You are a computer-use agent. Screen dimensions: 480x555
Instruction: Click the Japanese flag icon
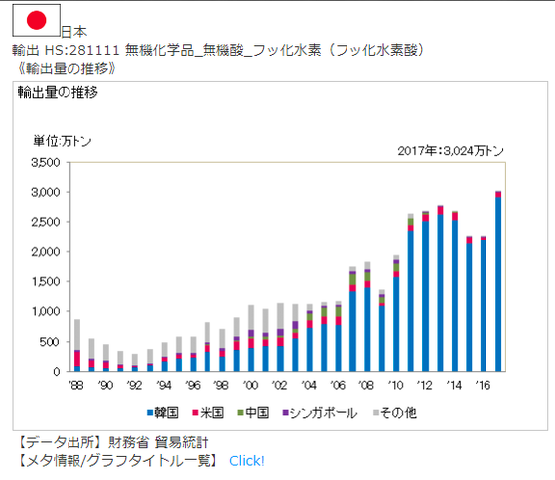(x=36, y=20)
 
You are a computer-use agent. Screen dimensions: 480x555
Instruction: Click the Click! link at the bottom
(x=246, y=460)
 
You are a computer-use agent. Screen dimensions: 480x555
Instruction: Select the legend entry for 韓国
(x=165, y=411)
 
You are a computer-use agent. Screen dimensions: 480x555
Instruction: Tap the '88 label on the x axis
(x=76, y=383)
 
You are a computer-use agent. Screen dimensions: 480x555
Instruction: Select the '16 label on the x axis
(x=483, y=383)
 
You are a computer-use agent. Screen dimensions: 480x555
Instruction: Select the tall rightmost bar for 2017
(x=498, y=282)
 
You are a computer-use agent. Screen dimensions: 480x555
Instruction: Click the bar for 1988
(x=77, y=348)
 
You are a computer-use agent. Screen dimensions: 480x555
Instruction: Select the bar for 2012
(x=425, y=290)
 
